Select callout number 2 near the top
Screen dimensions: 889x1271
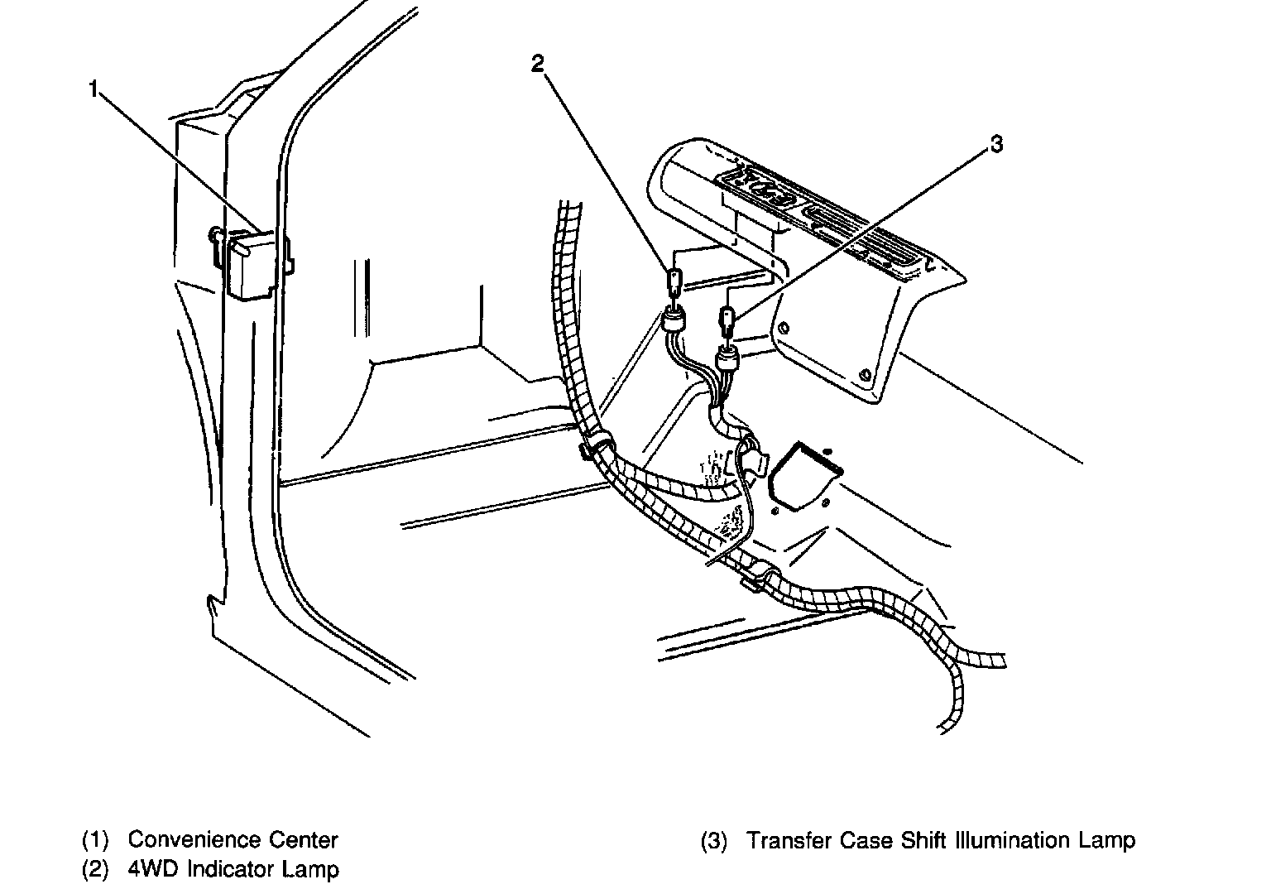coord(538,64)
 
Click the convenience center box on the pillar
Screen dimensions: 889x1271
coord(249,265)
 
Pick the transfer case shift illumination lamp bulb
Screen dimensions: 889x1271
coord(727,321)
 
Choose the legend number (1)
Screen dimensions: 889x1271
coord(95,841)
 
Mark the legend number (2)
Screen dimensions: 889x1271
coord(95,870)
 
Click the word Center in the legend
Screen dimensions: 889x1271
coord(304,840)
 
